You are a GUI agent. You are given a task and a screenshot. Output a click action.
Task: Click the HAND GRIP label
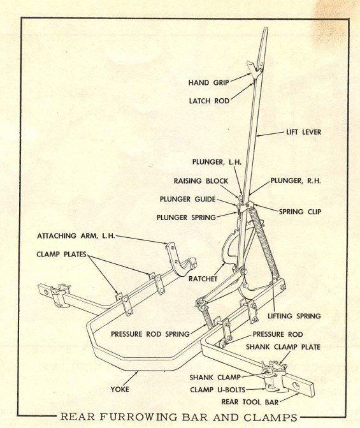point(208,82)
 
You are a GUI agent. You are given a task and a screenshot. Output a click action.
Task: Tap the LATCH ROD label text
point(209,101)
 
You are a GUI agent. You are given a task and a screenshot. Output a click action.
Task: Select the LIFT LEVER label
point(303,132)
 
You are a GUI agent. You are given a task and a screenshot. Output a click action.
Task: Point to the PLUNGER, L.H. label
point(217,162)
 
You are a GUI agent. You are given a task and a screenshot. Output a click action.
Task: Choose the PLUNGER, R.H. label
point(296,181)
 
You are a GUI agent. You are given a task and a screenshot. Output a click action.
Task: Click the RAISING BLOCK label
point(201,181)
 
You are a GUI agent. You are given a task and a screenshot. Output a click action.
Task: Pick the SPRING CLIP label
point(300,212)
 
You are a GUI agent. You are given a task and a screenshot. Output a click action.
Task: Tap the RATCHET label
point(203,279)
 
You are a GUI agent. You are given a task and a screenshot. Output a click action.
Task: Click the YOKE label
point(120,389)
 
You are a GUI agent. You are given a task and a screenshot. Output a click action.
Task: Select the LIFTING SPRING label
point(294,316)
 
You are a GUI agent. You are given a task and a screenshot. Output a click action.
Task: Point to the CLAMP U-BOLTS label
point(218,390)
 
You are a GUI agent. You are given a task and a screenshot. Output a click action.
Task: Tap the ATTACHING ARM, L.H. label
point(76,236)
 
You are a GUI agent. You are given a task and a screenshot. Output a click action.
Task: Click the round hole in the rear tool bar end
point(296,385)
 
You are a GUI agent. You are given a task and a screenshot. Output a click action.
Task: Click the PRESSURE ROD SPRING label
point(150,334)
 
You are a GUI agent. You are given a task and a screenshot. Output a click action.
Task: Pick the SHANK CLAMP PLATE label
point(283,347)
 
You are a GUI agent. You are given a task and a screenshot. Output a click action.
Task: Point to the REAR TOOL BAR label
point(250,402)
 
